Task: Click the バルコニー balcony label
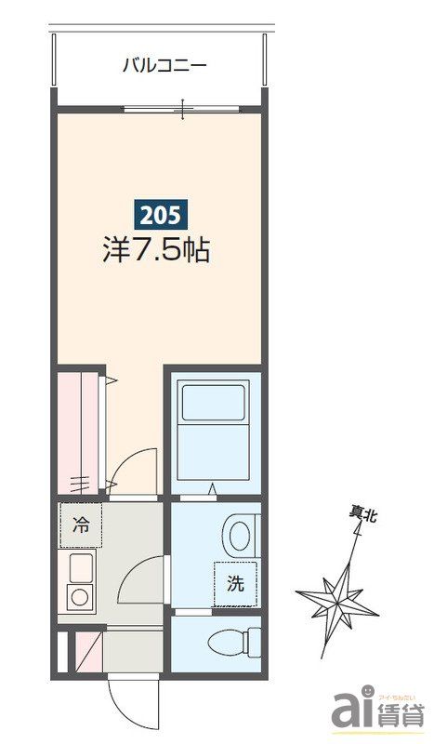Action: click(x=164, y=65)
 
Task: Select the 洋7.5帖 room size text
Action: click(x=154, y=249)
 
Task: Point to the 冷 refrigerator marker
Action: click(x=82, y=525)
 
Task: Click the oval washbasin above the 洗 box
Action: click(x=239, y=536)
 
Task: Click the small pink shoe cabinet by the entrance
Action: click(x=87, y=648)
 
